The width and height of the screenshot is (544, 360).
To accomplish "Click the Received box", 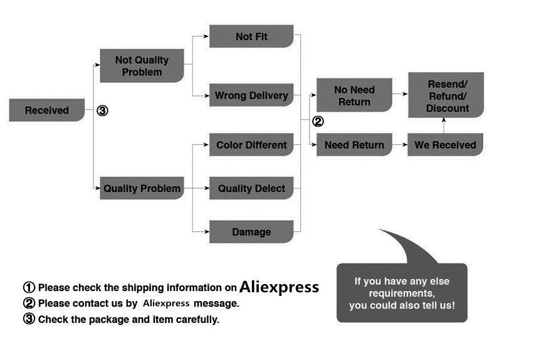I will (x=47, y=110).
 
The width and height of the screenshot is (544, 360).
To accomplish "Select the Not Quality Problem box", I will (x=142, y=66).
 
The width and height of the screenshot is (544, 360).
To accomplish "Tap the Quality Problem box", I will (x=142, y=188).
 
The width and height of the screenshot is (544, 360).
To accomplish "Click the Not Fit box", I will (x=251, y=36).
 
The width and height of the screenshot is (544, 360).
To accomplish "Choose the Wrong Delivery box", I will (x=251, y=95).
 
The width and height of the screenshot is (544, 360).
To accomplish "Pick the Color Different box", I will (x=251, y=145).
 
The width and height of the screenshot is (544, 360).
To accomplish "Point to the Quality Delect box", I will (x=251, y=188).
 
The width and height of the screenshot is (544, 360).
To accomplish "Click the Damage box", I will (x=251, y=231).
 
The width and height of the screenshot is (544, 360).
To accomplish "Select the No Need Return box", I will (x=354, y=95).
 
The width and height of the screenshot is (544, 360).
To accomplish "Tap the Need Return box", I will (x=354, y=145).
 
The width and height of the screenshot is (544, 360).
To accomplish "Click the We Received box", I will (x=445, y=145).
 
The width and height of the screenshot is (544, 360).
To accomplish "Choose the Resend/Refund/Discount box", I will (x=446, y=95).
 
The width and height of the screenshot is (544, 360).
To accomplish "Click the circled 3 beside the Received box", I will (x=103, y=111).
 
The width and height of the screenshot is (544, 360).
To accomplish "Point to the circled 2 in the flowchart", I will (x=318, y=122).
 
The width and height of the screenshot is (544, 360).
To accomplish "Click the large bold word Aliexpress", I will (x=280, y=287).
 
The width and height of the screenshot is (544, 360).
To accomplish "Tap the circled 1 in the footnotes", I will (x=29, y=288).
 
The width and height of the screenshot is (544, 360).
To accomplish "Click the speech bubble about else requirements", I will (x=402, y=292).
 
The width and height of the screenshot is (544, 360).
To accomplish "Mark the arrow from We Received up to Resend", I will (x=444, y=125).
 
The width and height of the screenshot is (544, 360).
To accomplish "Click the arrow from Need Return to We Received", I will (x=400, y=146).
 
